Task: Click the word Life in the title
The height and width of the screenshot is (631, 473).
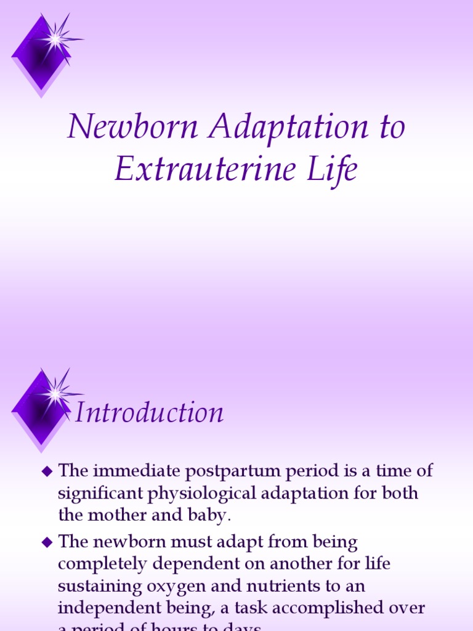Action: [335, 169]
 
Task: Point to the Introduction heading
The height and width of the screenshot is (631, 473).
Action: [148, 412]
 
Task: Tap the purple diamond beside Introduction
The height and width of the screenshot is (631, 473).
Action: [42, 407]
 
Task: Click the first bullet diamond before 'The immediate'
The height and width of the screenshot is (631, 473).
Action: [46, 472]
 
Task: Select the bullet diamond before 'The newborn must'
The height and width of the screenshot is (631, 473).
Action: [46, 543]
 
